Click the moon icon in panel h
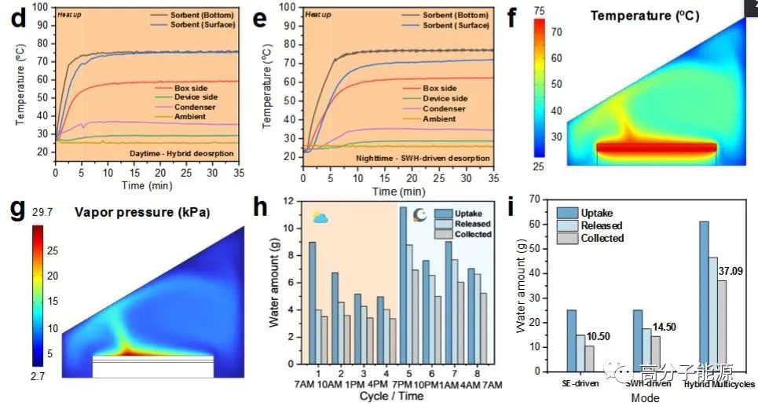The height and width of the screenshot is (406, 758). [419, 214]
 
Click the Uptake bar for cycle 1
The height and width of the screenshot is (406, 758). [312, 305]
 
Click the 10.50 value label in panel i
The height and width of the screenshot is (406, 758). [600, 337]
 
